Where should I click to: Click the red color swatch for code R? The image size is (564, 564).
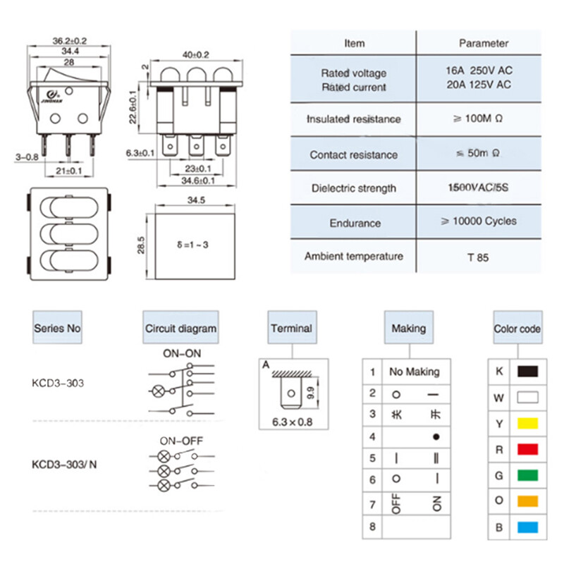pos(527,448)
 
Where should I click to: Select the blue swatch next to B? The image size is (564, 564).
pos(527,527)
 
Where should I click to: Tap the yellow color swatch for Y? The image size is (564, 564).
pos(527,423)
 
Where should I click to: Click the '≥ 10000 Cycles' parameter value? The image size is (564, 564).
pos(479,221)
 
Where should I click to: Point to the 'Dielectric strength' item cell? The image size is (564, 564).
pos(354,188)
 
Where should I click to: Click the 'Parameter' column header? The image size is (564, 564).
pos(484,43)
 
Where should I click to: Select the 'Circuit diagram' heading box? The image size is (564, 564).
pos(181,328)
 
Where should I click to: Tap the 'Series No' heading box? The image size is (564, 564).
pos(58,328)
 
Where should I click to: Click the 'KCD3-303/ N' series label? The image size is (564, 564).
pos(63,465)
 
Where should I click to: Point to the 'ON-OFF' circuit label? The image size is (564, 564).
pos(181,441)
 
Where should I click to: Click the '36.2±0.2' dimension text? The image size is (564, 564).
pos(70,39)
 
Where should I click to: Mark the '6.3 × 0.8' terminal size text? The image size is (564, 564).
pos(292,423)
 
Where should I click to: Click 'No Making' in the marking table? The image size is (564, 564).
pos(414,372)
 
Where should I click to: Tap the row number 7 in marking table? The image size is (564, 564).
pos(372,503)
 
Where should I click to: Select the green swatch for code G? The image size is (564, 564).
pos(527,474)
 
